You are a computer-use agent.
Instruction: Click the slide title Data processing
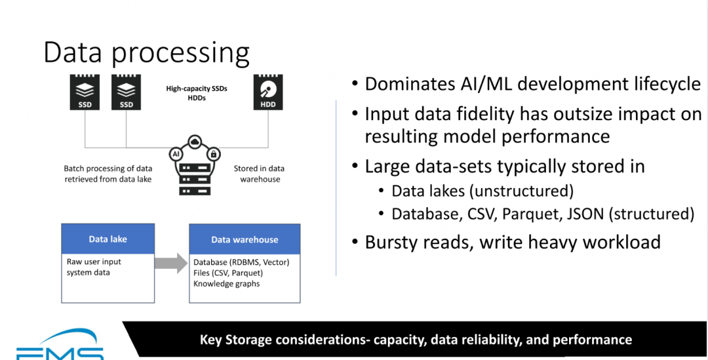tap(146, 52)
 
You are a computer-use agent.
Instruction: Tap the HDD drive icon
tap(268, 92)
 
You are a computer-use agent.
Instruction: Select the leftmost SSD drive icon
tap(85, 92)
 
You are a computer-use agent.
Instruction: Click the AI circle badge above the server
tap(176, 153)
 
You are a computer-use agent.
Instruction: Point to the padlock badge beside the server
tap(212, 155)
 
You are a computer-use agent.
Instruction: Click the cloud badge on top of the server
tap(195, 142)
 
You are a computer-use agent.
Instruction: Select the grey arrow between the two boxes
tap(172, 264)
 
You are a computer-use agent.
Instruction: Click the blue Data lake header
tap(108, 239)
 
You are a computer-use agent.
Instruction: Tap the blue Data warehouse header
tap(245, 240)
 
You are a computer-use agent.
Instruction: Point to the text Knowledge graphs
tap(227, 284)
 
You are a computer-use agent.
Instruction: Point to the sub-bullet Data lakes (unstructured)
tap(482, 191)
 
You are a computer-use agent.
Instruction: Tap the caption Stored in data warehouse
tap(260, 174)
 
